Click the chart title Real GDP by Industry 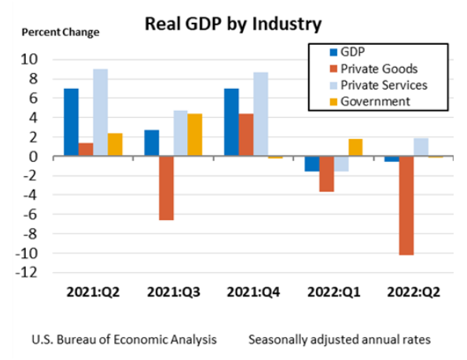[x=233, y=24]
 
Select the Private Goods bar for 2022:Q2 [x=406, y=206]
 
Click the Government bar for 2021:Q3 [x=195, y=135]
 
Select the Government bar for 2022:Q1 [x=355, y=148]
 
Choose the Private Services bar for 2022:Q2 [x=421, y=148]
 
